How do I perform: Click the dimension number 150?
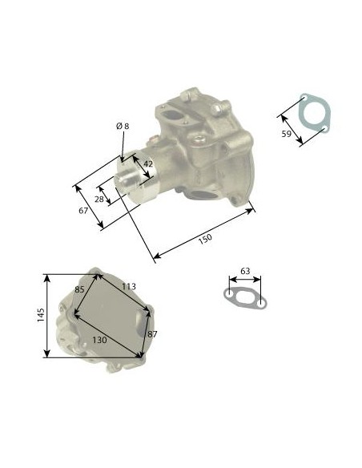click(205, 239)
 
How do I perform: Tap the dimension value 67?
click(83, 211)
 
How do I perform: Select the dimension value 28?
click(99, 199)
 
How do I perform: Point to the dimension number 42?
click(148, 163)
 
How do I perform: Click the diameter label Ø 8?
click(123, 127)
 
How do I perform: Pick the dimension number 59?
click(286, 134)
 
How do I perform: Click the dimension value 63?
click(245, 271)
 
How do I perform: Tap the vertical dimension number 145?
click(41, 315)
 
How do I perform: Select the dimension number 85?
click(79, 289)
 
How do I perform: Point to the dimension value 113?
click(129, 287)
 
